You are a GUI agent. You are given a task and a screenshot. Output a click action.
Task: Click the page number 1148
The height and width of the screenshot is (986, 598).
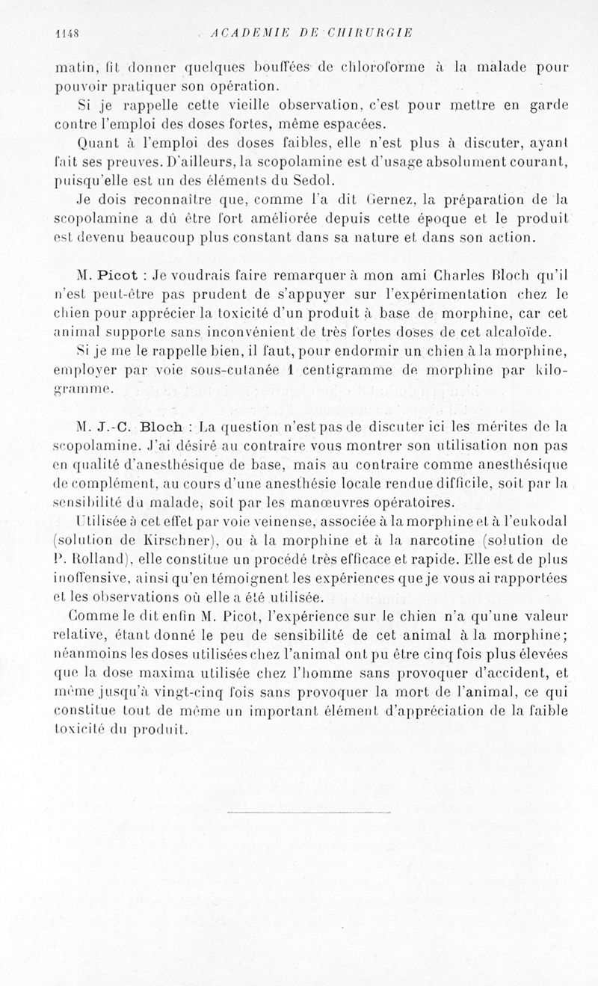(x=69, y=33)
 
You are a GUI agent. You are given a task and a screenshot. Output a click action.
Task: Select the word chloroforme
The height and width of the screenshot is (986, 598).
(x=380, y=67)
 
